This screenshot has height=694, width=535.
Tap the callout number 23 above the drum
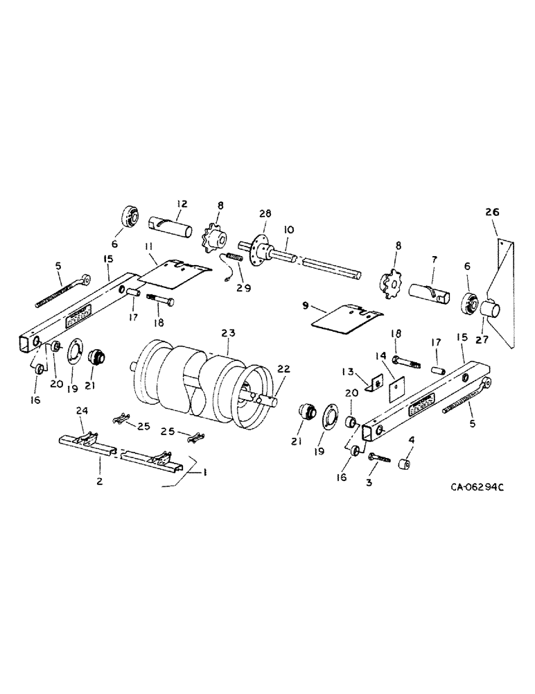click(x=227, y=332)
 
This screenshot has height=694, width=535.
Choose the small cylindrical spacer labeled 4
click(x=404, y=462)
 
